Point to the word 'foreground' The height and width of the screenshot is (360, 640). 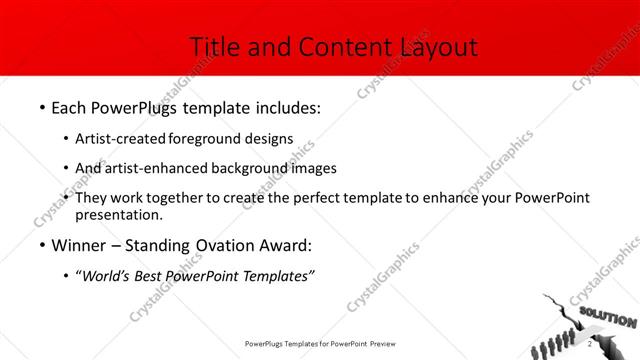click(205, 138)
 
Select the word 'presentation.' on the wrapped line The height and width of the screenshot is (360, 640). click(119, 214)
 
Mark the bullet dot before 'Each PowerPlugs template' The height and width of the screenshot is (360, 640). click(41, 105)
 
